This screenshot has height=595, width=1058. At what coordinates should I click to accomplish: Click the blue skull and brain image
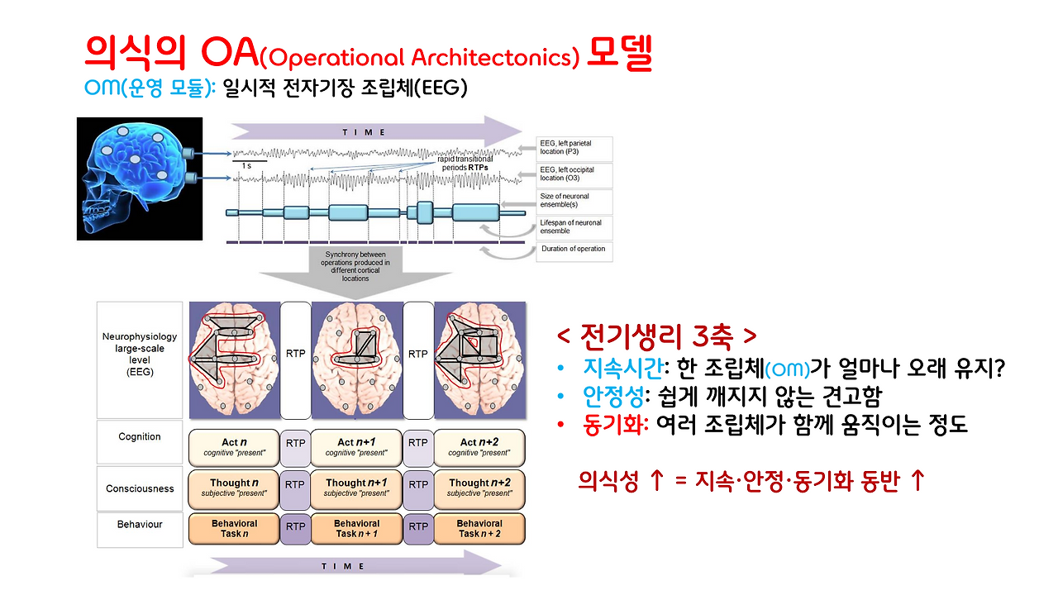(139, 178)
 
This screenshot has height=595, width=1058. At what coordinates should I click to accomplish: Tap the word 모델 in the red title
(619, 55)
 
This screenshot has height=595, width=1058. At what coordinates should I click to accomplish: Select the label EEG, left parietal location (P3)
(574, 149)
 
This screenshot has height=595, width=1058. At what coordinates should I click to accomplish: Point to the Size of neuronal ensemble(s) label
(574, 201)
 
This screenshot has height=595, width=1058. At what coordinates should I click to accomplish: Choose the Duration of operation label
(574, 249)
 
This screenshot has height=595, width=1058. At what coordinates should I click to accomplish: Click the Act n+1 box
(357, 447)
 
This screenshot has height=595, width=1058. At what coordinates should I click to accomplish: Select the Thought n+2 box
(479, 488)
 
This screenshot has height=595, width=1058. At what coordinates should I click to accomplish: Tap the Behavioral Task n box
(234, 528)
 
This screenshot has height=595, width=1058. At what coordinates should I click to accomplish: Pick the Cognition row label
(140, 436)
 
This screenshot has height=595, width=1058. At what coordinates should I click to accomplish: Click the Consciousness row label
(140, 488)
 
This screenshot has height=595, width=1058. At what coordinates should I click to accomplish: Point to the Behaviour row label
(140, 525)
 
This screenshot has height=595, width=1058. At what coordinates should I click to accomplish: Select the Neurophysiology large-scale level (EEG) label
(140, 355)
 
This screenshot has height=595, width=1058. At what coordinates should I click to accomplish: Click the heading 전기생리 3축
(656, 336)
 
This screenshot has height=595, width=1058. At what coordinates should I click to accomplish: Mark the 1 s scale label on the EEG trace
(246, 166)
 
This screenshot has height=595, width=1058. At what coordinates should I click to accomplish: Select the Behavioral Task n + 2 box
(479, 528)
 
